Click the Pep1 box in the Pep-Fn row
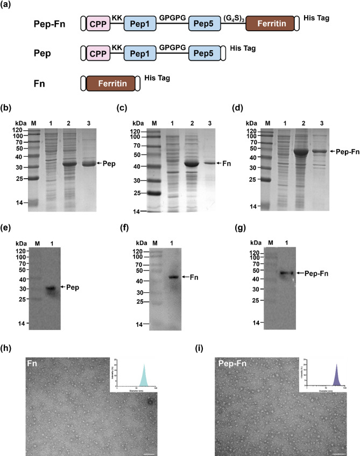point(141,25)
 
